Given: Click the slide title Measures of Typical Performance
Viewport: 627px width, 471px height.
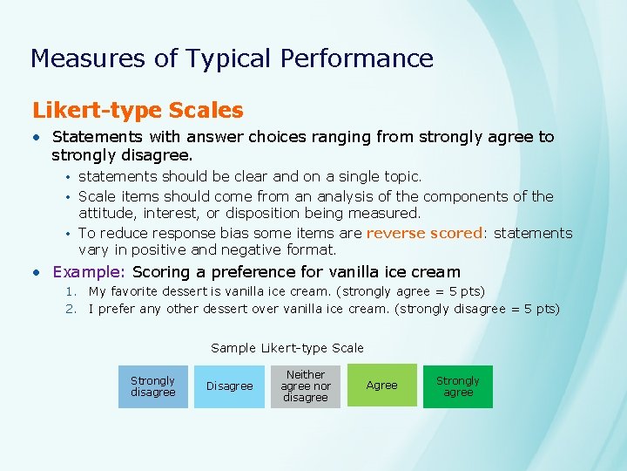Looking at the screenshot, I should click(x=232, y=58).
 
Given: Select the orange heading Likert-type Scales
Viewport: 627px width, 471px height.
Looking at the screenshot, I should click(x=138, y=111).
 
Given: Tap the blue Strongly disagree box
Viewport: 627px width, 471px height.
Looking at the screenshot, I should click(x=152, y=386).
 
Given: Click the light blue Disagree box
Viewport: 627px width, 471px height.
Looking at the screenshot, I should click(x=229, y=386).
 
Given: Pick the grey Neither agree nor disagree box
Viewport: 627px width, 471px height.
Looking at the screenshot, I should click(x=306, y=386).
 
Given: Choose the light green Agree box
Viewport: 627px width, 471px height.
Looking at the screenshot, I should click(x=381, y=386).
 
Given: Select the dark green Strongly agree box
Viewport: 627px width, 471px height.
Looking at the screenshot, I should click(x=458, y=386).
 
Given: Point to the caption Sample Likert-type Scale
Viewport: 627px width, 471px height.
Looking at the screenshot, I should click(x=287, y=348).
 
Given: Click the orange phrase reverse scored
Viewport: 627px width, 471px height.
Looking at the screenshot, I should click(x=424, y=233).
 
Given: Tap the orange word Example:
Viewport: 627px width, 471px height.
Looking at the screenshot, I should click(x=91, y=272).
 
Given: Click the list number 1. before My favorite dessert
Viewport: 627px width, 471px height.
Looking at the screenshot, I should click(x=74, y=291).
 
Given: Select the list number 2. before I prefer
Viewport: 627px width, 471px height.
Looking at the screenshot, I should click(x=74, y=309).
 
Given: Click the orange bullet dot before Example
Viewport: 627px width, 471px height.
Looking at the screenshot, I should click(x=36, y=272).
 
